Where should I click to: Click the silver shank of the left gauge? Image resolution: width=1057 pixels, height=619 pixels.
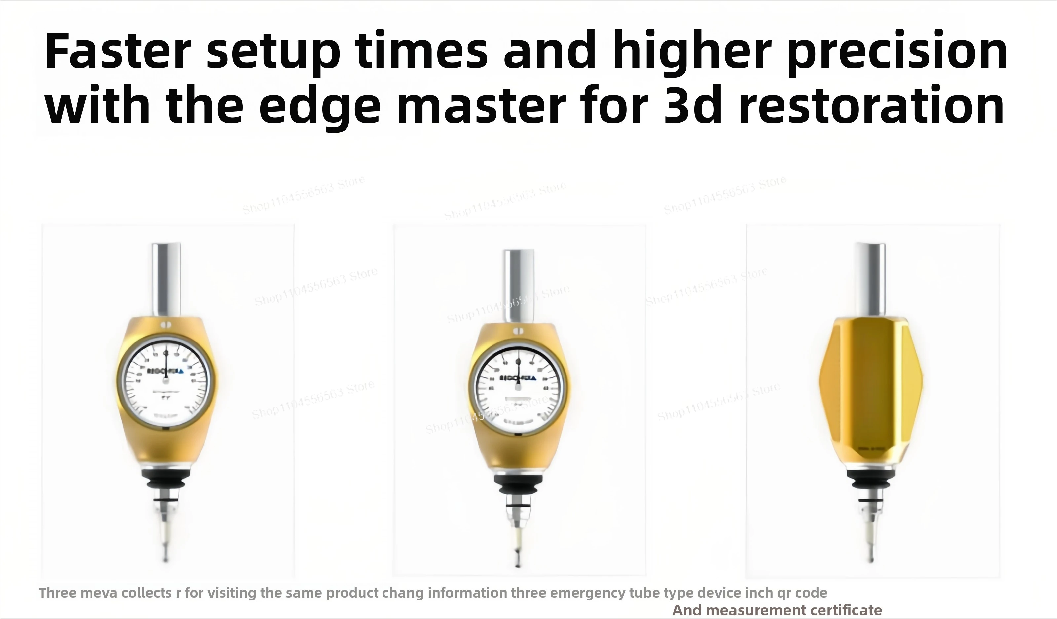point(166,279)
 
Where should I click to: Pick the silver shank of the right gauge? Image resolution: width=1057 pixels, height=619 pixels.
point(870,279)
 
